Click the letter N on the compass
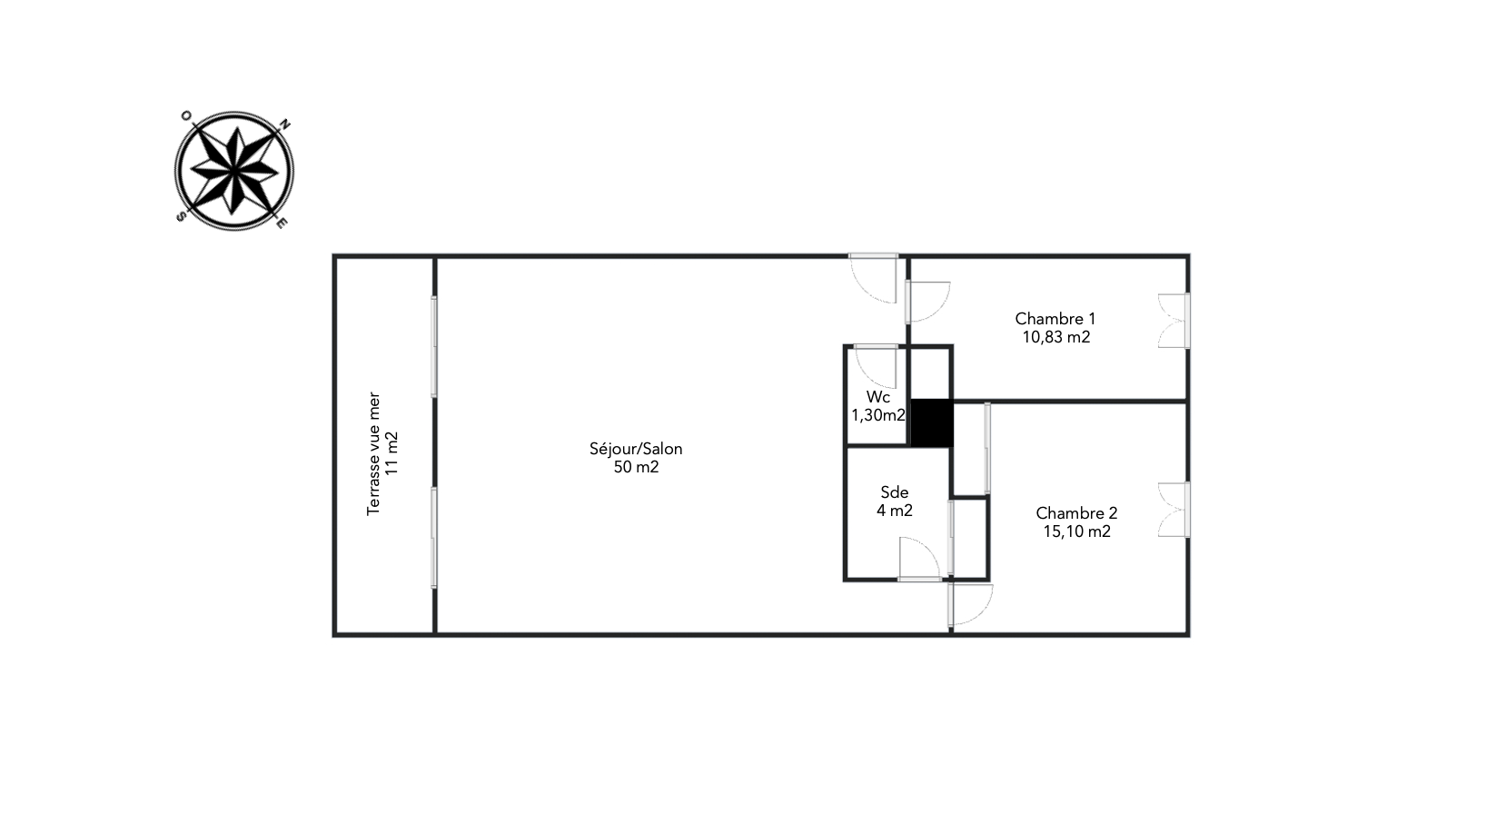(x=285, y=124)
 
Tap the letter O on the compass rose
(x=186, y=116)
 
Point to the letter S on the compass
(x=181, y=216)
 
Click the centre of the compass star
(x=233, y=171)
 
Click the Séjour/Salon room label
(x=636, y=449)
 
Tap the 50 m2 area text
(x=636, y=467)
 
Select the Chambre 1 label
(x=1055, y=319)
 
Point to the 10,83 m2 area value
(x=1056, y=337)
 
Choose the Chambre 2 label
(x=1076, y=512)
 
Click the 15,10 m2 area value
(x=1076, y=531)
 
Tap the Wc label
(x=878, y=397)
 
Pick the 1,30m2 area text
(x=878, y=415)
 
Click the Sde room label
(x=895, y=492)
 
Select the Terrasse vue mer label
(x=373, y=453)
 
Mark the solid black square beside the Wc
(x=931, y=422)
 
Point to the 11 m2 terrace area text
(x=392, y=453)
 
